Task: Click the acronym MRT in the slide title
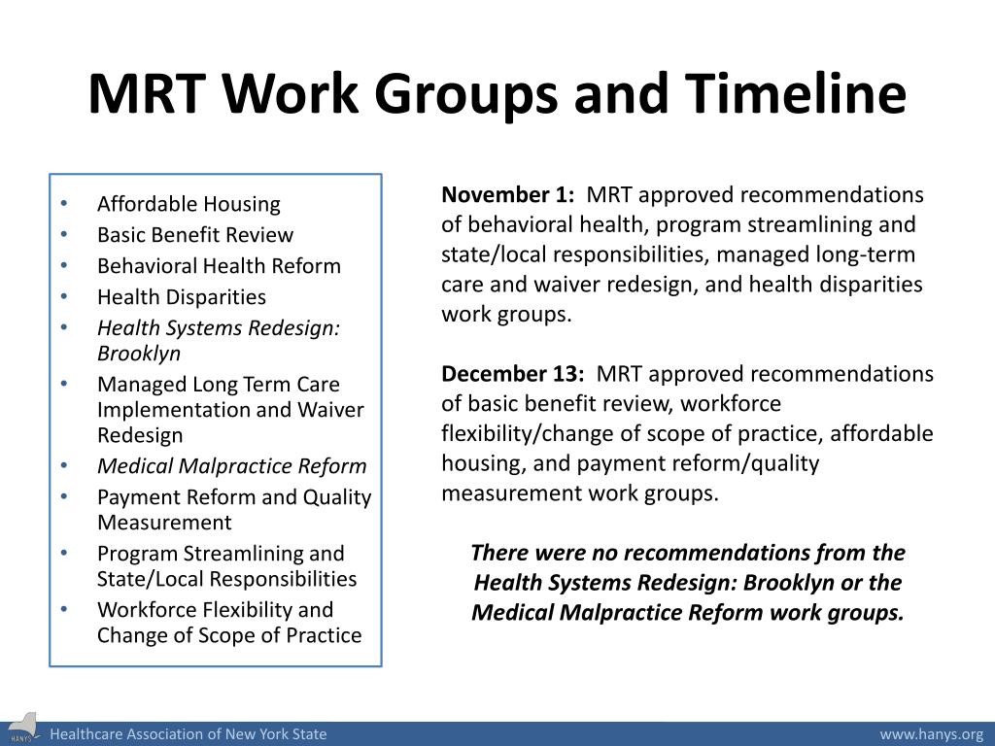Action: pos(148,94)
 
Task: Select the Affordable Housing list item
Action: pos(189,204)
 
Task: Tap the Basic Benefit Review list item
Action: pos(194,235)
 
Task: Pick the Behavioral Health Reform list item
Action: pos(219,266)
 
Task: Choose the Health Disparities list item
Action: pos(181,297)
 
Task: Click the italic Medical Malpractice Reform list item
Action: pos(231,466)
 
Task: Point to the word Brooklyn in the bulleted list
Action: pos(139,354)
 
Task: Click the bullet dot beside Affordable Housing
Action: pos(64,204)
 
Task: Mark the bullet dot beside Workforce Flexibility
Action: pos(64,610)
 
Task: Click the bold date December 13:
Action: pos(513,375)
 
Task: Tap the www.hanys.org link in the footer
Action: pos(931,734)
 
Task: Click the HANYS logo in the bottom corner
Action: pos(21,732)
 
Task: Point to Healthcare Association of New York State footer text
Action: pos(189,734)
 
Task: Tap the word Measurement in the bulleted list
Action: pos(164,523)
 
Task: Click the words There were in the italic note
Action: pos(512,554)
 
